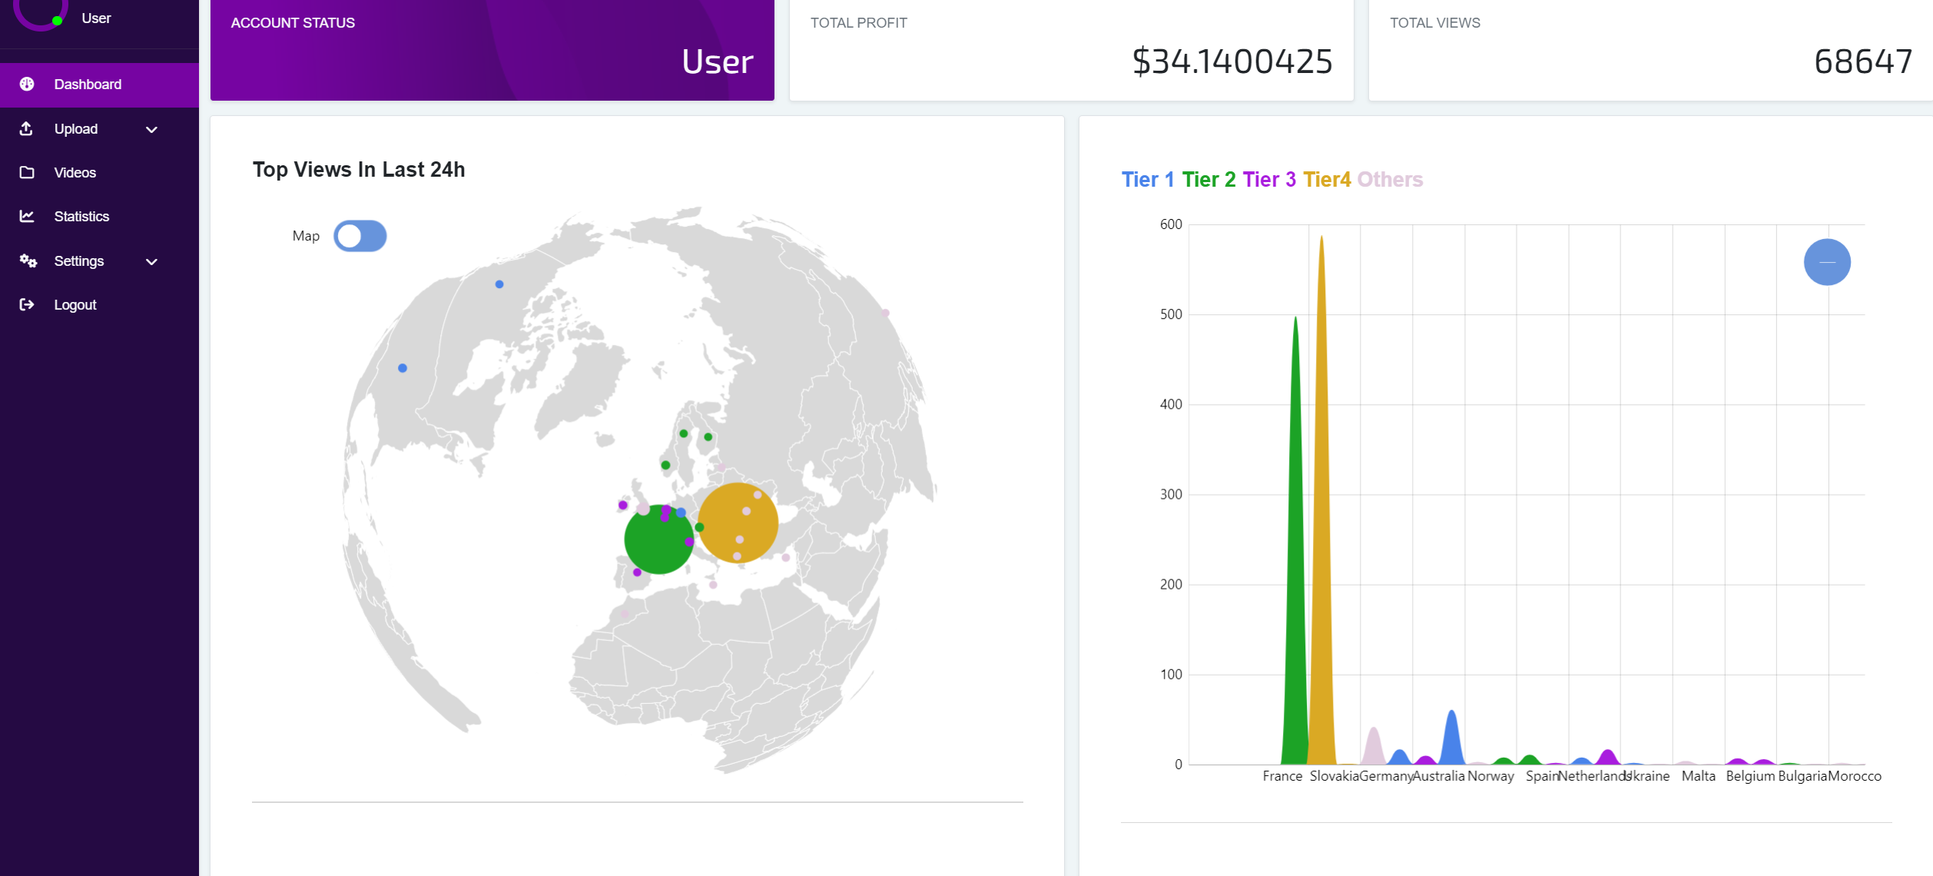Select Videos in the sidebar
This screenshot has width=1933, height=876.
click(75, 173)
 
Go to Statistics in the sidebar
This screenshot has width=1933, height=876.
click(81, 217)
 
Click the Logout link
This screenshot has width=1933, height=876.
click(75, 305)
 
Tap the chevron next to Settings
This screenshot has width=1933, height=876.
click(151, 262)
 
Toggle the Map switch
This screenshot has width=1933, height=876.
click(360, 236)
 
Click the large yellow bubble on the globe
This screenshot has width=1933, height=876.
click(738, 523)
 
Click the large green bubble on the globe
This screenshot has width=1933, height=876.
click(659, 539)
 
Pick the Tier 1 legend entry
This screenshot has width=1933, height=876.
click(1148, 180)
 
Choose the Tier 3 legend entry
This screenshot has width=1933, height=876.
click(1269, 180)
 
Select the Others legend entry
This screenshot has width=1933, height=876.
click(1390, 180)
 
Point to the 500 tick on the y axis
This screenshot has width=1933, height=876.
click(1171, 314)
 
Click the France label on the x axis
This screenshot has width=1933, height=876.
click(1282, 776)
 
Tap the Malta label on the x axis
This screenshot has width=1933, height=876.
click(1699, 776)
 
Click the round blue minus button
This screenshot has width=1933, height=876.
click(1827, 262)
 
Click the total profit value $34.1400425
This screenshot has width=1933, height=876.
click(1232, 61)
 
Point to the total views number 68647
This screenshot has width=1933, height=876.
click(1863, 61)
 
